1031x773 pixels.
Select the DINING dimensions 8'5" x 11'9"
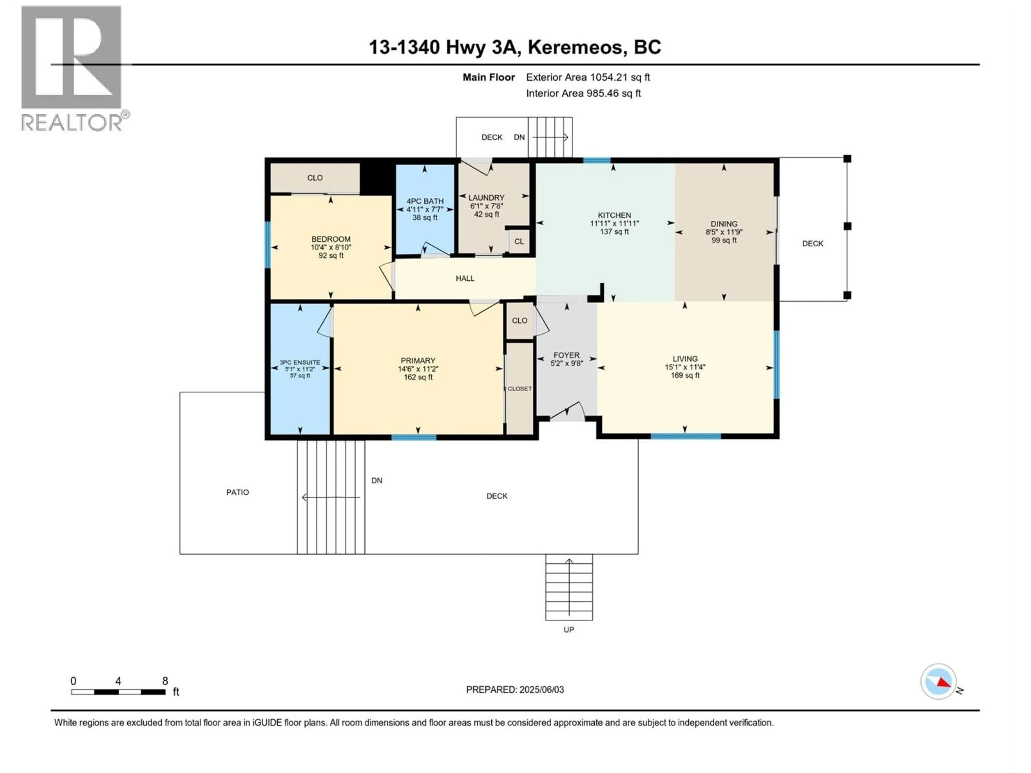click(724, 232)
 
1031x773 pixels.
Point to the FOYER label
click(566, 355)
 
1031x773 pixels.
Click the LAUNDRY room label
click(486, 198)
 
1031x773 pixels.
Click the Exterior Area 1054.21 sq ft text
click(588, 77)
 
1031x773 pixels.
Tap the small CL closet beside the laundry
click(519, 241)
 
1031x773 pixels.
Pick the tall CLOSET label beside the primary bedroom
click(519, 389)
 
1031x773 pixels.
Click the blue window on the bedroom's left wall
click(267, 245)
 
